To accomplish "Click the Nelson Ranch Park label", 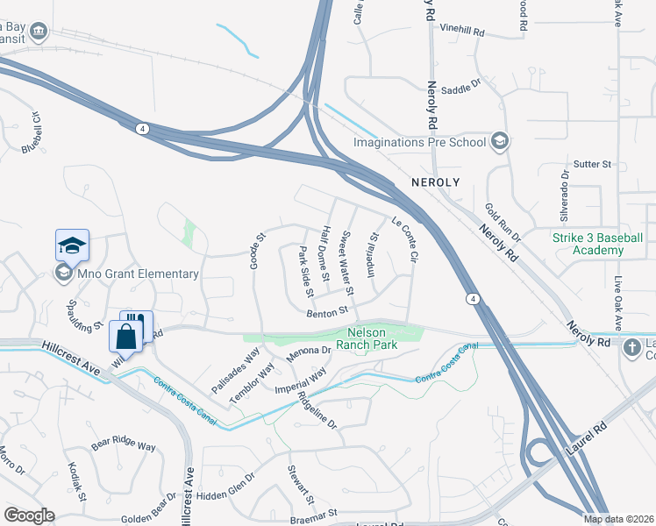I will click(373, 338).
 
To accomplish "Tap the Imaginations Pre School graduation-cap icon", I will click(500, 141).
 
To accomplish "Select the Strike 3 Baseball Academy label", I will click(597, 244).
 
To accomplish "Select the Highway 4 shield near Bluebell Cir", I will click(141, 128).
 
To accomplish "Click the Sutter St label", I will click(592, 164).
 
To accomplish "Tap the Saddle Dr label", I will click(461, 89).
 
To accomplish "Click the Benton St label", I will click(327, 310).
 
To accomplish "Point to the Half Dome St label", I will click(324, 252).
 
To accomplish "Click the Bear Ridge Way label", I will click(124, 445).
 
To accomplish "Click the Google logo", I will click(29, 515).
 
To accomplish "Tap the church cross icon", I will click(631, 347).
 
